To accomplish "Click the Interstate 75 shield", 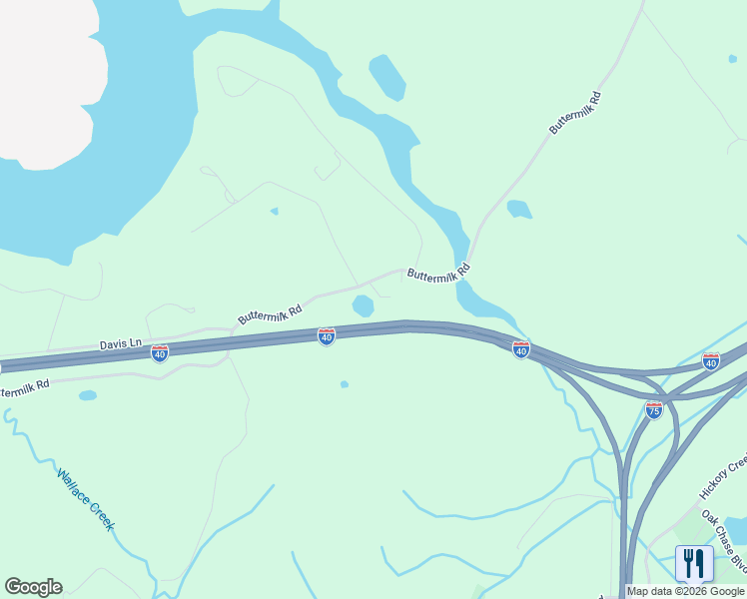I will click(653, 410).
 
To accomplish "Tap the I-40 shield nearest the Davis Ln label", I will click(160, 352).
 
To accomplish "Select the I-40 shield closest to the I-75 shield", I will click(710, 361).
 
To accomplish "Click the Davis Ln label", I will click(120, 344).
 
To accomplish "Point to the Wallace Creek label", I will click(86, 499).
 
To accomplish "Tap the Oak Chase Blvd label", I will click(724, 544).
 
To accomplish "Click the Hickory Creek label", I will click(723, 477).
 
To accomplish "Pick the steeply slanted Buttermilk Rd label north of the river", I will click(575, 113).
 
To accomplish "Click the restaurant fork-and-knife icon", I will click(694, 563).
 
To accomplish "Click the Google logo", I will click(33, 587).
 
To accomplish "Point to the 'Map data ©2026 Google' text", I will click(686, 591).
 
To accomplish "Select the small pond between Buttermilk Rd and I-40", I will click(364, 305).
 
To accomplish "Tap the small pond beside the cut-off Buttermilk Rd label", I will click(88, 395).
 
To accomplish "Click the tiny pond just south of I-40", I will click(345, 384).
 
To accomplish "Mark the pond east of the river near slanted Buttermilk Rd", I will click(518, 210).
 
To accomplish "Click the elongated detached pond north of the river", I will click(387, 77).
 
